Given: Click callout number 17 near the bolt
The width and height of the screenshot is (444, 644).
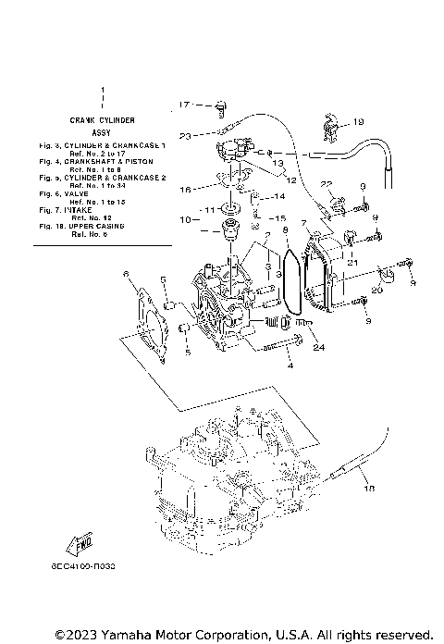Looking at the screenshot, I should (x=183, y=104).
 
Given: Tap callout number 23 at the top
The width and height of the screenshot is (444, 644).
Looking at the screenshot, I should (x=184, y=136).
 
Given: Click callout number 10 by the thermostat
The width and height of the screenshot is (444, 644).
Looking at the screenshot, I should (x=184, y=220).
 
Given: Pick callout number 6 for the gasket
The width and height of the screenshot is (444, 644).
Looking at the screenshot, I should (x=127, y=273).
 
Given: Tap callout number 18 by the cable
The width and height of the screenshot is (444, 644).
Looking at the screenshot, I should (x=370, y=488).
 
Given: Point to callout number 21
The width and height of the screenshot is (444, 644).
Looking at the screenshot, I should (x=352, y=263).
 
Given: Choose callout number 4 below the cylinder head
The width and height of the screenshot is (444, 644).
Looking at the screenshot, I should (x=290, y=367).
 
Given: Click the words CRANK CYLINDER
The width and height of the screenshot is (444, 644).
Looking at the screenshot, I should (x=102, y=120).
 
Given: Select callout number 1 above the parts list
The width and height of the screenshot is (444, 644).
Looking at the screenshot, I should (x=102, y=91).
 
